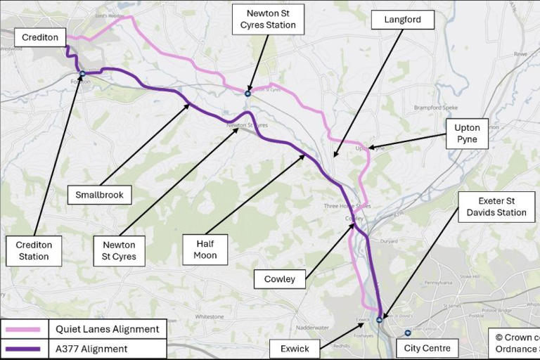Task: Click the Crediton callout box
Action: click(40, 37)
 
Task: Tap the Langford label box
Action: click(403, 20)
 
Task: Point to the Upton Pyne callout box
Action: click(467, 134)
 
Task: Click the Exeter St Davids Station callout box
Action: click(492, 207)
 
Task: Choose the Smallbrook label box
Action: click(100, 194)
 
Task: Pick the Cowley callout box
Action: click(279, 279)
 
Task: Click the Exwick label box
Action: click(294, 348)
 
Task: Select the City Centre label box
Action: click(427, 348)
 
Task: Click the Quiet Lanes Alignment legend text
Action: click(108, 328)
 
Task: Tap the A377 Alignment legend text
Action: click(92, 349)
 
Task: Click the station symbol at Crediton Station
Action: click(82, 73)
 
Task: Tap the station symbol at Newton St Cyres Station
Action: click(247, 93)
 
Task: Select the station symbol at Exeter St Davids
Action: click(379, 319)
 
